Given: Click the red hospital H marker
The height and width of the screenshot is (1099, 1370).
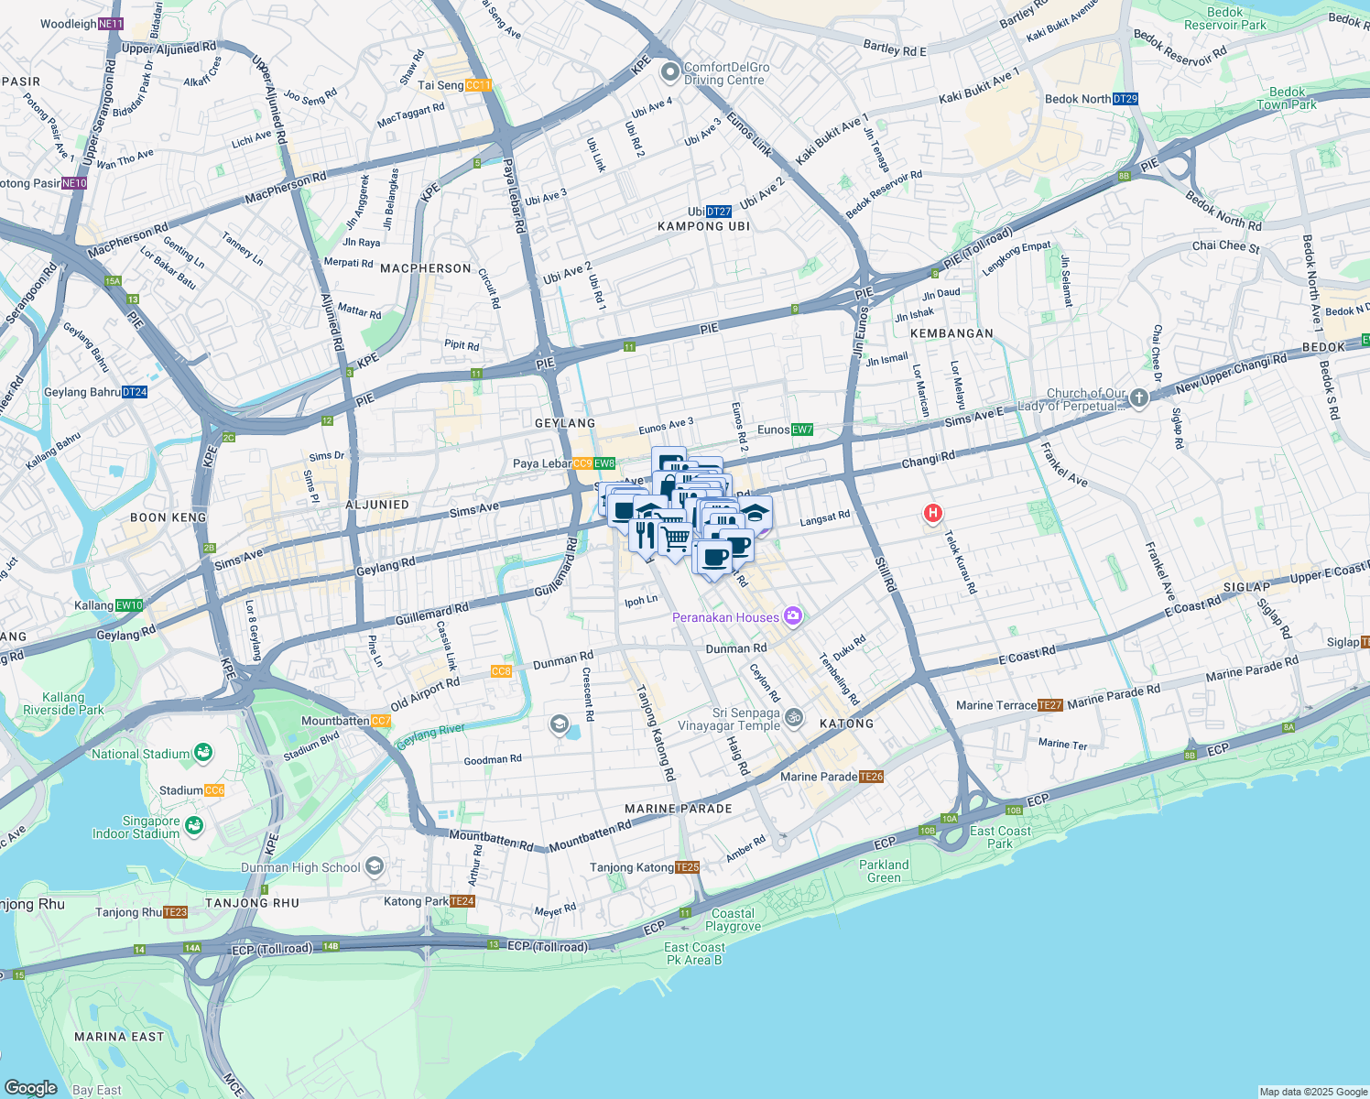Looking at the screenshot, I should pyautogui.click(x=932, y=513).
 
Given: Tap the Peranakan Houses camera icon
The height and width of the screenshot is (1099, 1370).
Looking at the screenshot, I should pyautogui.click(x=793, y=616).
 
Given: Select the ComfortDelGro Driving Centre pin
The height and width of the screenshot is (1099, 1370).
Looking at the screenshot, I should pyautogui.click(x=670, y=71).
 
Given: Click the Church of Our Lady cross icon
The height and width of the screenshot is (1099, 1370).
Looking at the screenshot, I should pyautogui.click(x=1138, y=397).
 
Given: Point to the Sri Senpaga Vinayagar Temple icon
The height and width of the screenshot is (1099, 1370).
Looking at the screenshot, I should pyautogui.click(x=794, y=718).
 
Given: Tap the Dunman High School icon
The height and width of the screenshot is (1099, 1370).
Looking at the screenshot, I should pyautogui.click(x=374, y=865).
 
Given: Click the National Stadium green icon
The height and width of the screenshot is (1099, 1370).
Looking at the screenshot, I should pyautogui.click(x=203, y=753).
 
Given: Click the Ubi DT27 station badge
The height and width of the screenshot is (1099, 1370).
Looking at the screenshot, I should pyautogui.click(x=719, y=212).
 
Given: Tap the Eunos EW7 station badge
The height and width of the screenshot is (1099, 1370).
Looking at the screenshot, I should pyautogui.click(x=802, y=430).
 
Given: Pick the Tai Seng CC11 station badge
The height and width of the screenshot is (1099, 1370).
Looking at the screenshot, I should pyautogui.click(x=478, y=85).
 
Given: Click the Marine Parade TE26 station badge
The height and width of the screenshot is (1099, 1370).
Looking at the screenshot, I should pyautogui.click(x=871, y=777).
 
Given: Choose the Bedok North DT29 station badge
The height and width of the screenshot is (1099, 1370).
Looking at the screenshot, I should pyautogui.click(x=1125, y=99).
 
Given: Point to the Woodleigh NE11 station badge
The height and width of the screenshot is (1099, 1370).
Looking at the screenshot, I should pyautogui.click(x=111, y=24).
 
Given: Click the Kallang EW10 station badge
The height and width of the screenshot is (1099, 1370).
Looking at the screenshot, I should pyautogui.click(x=129, y=605).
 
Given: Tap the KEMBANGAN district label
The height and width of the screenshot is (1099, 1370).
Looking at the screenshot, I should pyautogui.click(x=951, y=333).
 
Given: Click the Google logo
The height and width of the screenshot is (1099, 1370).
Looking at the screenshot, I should pyautogui.click(x=30, y=1088).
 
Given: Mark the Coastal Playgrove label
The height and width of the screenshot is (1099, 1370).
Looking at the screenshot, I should pyautogui.click(x=733, y=919).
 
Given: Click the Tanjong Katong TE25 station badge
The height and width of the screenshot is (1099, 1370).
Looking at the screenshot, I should pyautogui.click(x=687, y=867).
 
